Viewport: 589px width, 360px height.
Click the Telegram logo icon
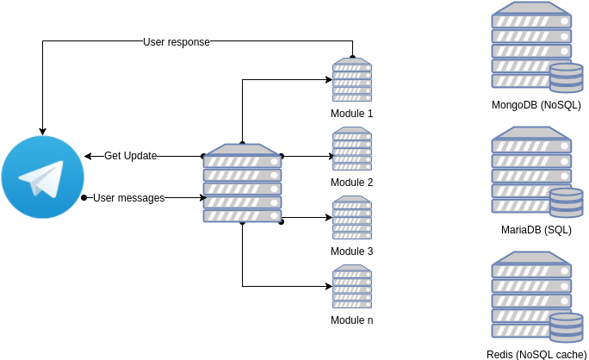[42, 177]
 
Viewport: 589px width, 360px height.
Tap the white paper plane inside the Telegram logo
[42, 179]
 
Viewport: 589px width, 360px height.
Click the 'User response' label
[177, 42]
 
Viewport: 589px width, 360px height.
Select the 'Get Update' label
[130, 156]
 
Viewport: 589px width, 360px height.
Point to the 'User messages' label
[128, 198]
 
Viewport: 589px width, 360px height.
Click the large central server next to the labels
[242, 183]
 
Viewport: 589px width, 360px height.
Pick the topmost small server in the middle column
[352, 80]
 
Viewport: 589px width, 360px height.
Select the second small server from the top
[352, 149]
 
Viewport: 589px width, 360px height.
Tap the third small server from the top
[352, 218]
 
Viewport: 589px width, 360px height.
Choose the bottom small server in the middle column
[352, 287]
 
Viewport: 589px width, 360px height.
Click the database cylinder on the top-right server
[566, 78]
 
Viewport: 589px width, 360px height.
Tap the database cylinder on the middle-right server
[566, 202]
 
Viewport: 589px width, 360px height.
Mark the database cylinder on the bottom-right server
[566, 327]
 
